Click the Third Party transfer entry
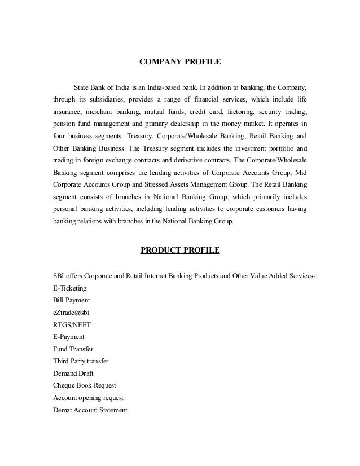[x=81, y=361]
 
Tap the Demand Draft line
[x=73, y=373]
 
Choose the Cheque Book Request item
[x=84, y=385]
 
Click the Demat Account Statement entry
[x=90, y=410]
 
